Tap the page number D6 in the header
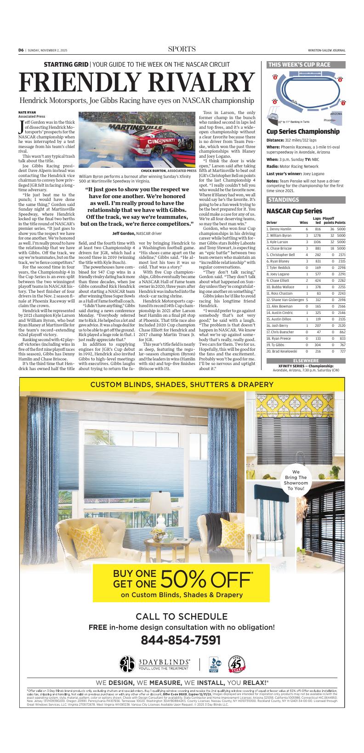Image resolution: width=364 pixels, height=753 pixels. pyautogui.click(x=21, y=50)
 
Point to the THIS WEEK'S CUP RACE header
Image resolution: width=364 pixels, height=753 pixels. pyautogui.click(x=299, y=65)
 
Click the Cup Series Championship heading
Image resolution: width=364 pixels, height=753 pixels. pyautogui.click(x=303, y=131)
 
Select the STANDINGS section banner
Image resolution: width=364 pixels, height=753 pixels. pyautogui.click(x=284, y=200)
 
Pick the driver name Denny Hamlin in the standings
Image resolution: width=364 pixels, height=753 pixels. pyautogui.click(x=280, y=229)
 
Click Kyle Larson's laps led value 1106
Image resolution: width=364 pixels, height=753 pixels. pyautogui.click(x=317, y=242)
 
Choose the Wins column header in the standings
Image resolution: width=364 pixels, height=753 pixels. pyautogui.click(x=304, y=222)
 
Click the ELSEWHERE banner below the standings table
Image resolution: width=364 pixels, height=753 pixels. pyautogui.click(x=306, y=361)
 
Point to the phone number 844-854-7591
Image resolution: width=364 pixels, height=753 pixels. pyautogui.click(x=181, y=640)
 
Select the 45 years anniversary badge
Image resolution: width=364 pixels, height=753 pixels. pyautogui.click(x=237, y=665)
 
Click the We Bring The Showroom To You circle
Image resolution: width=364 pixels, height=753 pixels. pyautogui.click(x=296, y=480)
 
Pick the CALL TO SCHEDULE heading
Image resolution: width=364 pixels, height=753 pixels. pyautogui.click(x=182, y=616)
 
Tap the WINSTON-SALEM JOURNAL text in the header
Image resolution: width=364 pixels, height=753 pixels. pyautogui.click(x=327, y=51)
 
